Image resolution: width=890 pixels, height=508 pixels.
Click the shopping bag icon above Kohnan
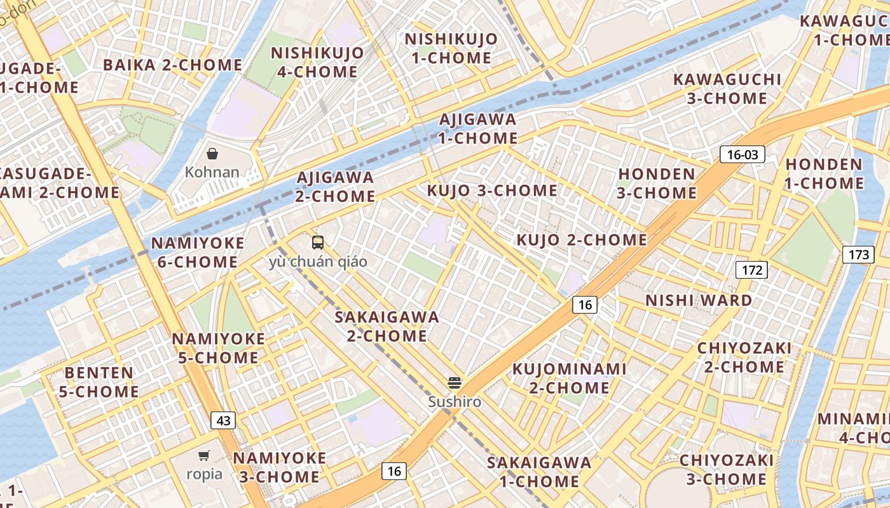tap(212, 154)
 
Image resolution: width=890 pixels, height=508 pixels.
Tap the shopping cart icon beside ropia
tap(204, 455)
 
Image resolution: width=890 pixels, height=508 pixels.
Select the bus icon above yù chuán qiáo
tap(318, 242)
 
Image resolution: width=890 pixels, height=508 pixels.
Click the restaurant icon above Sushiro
tap(454, 382)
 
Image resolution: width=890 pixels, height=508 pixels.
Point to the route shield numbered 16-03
tap(742, 154)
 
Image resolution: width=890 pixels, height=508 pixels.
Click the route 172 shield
tap(752, 270)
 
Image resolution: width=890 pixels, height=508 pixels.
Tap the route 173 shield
tap(858, 255)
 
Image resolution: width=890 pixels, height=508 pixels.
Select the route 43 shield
tap(223, 420)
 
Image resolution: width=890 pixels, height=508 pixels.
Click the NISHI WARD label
tap(699, 300)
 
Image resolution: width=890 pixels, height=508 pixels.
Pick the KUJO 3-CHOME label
tap(492, 190)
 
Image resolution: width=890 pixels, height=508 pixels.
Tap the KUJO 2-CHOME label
tap(582, 240)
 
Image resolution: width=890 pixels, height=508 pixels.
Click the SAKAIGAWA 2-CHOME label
tap(387, 326)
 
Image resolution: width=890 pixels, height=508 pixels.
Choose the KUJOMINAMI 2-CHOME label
tap(570, 378)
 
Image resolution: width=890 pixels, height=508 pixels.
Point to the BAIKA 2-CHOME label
tap(172, 65)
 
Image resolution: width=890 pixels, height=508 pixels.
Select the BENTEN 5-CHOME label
tap(99, 382)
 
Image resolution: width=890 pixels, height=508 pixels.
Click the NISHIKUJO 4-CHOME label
tap(317, 62)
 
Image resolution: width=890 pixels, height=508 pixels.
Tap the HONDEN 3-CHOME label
tap(657, 183)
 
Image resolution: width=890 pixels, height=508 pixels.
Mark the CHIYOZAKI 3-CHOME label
tap(726, 469)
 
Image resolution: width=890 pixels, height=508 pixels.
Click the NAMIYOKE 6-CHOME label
tap(198, 252)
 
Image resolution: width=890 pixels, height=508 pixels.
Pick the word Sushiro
tap(454, 402)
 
